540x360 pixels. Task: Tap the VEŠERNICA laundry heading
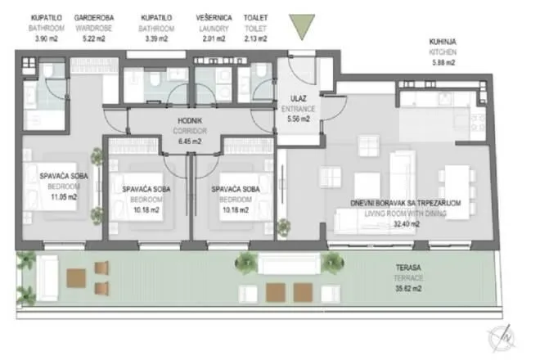[214, 16]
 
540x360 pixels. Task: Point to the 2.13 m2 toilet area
[255, 38]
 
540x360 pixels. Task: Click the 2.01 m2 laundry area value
[214, 38]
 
